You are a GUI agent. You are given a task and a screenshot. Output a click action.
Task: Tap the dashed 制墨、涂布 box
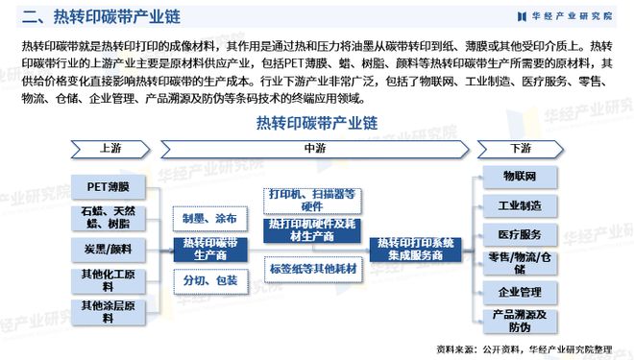pyautogui.click(x=209, y=218)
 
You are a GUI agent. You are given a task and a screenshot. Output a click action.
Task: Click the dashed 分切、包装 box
pyautogui.click(x=209, y=281)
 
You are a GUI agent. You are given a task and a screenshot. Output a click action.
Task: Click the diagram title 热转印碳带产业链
pyautogui.click(x=316, y=123)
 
